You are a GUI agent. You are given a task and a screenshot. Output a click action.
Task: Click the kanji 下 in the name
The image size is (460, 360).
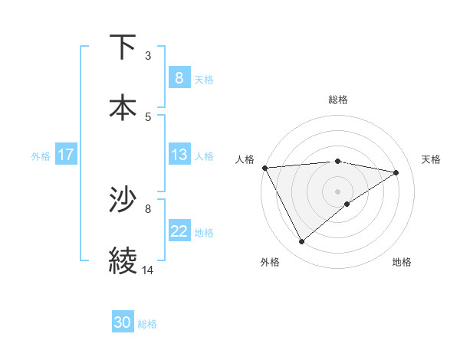coord(123,47)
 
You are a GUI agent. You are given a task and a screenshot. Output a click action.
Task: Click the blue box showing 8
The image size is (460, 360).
coord(179,77)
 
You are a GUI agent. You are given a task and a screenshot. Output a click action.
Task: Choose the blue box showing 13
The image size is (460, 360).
coord(179,155)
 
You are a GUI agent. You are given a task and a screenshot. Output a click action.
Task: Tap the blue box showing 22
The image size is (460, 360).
coord(179,231)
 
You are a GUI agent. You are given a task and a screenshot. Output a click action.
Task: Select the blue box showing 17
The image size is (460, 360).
coord(65,155)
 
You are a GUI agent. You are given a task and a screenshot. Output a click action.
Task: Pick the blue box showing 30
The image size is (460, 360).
coord(123,322)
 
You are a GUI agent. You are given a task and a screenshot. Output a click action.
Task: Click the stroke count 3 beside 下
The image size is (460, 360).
coord(148,56)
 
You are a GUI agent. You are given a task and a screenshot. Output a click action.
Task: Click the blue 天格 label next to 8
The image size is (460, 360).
coord(204,79)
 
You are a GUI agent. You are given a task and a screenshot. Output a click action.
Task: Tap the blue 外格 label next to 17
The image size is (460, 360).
coord(41,155)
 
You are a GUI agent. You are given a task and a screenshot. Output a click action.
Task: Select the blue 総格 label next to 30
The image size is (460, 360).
coord(147,324)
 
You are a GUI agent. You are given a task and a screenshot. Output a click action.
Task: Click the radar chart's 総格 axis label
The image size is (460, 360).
coord(337,100)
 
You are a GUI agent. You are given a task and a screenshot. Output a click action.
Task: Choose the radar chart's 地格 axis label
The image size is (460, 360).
coord(402,262)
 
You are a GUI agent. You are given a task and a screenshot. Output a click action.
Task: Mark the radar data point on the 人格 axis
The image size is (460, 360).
coord(264,168)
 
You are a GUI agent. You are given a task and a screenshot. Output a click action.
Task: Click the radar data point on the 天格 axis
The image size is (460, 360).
coord(396,172)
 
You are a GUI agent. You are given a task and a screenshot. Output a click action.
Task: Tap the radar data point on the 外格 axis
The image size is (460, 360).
coord(301,242)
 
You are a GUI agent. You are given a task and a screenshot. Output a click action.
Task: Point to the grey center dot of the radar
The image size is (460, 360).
coord(337,191)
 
